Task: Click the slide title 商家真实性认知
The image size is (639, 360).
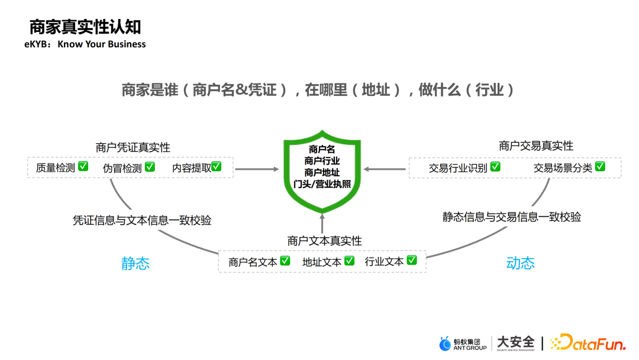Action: point(85,27)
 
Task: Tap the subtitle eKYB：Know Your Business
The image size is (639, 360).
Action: point(85,44)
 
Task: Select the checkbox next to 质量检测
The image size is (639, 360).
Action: point(83,166)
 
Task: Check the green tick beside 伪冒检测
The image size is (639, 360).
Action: point(150,166)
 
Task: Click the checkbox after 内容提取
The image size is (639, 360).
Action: point(217,166)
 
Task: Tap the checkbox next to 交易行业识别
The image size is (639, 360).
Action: point(495,166)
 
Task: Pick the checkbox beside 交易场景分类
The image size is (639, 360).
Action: point(601,166)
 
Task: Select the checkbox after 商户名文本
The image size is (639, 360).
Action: point(285,260)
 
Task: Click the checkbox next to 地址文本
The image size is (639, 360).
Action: point(350,260)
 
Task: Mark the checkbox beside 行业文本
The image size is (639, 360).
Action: point(412,260)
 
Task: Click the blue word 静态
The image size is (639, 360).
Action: point(135,263)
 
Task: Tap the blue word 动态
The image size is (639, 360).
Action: point(521,263)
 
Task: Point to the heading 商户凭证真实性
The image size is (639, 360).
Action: point(133,147)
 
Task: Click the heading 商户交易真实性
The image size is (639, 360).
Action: point(536,146)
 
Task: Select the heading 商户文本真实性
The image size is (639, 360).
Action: point(325,241)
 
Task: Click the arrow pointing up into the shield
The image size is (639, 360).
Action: point(322,224)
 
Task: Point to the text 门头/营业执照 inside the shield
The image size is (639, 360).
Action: point(322,184)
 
